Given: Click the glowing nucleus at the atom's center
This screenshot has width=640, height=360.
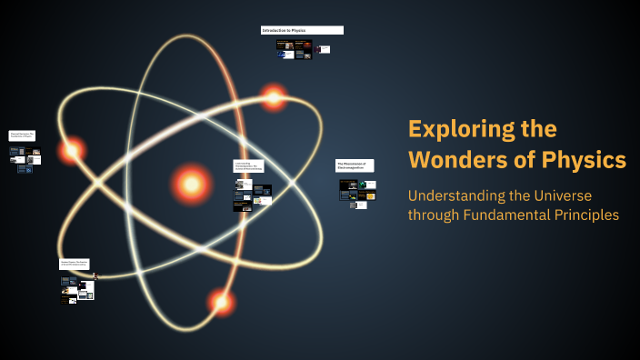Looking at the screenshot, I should (191, 183).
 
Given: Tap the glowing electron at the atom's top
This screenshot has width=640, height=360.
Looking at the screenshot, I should (273, 95).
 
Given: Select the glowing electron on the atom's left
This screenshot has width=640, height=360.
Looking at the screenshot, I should (71, 150).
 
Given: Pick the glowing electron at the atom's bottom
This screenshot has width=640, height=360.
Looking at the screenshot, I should (220, 300).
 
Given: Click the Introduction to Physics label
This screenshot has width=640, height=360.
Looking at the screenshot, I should (302, 30).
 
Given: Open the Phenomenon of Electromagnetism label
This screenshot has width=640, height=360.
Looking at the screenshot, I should (355, 165).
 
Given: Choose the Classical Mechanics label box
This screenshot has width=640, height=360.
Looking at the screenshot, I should (22, 135).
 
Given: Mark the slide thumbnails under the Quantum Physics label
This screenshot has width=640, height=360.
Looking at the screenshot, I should (77, 287).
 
